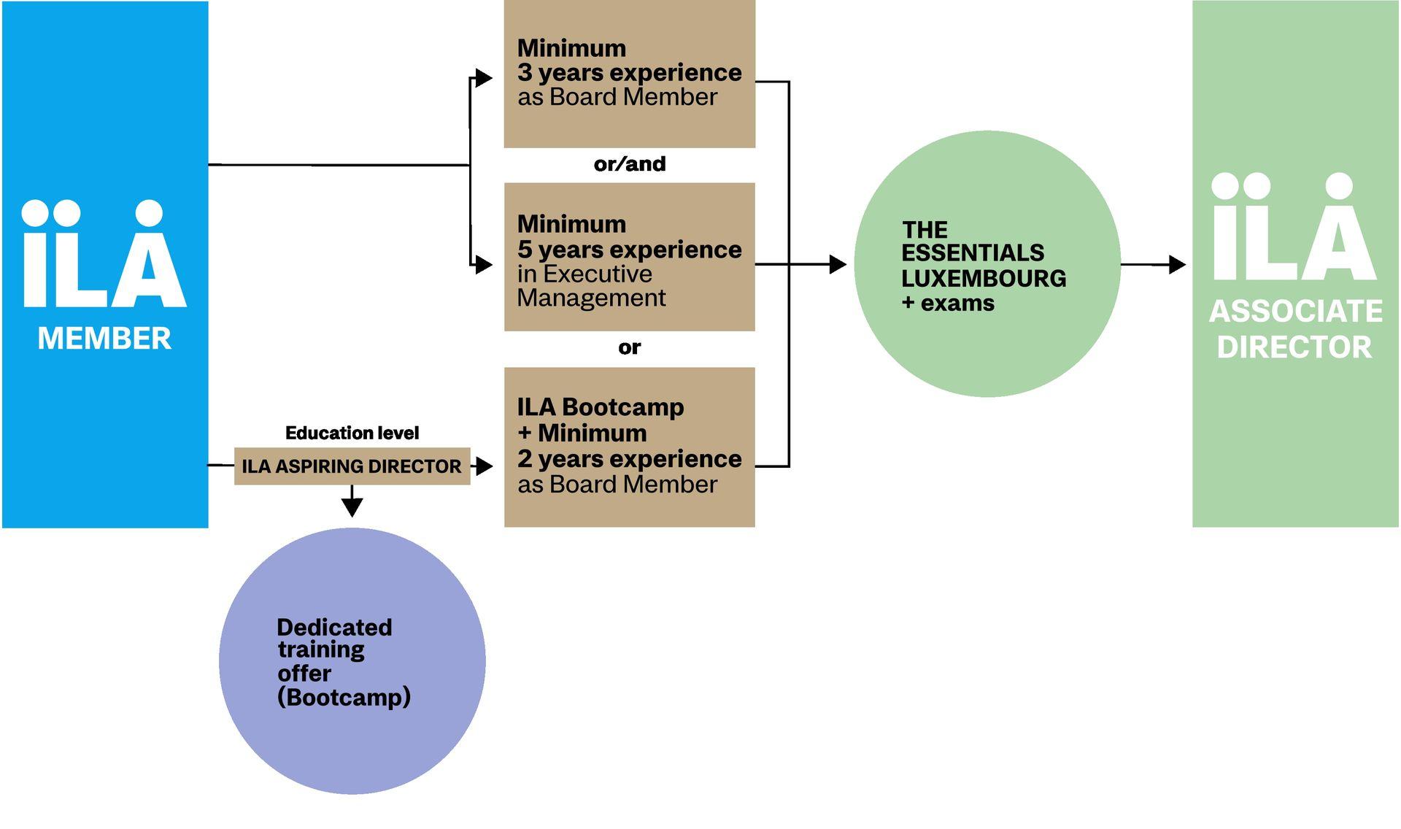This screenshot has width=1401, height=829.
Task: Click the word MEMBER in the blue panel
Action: (x=104, y=339)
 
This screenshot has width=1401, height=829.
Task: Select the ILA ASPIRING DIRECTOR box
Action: (x=352, y=466)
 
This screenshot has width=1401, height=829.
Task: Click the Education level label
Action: (x=352, y=433)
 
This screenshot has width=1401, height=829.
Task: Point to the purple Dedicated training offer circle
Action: (x=352, y=660)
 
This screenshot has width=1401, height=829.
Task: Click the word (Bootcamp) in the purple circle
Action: (x=344, y=697)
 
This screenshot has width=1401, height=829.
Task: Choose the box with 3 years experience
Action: (x=629, y=74)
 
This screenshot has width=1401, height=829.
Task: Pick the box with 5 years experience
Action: (x=629, y=257)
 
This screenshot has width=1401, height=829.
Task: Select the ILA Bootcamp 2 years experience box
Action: (x=629, y=447)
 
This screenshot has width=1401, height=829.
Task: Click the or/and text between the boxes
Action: (x=630, y=163)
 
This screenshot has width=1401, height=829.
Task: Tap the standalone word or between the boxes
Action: (x=629, y=347)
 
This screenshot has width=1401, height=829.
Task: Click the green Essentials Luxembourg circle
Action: (x=987, y=264)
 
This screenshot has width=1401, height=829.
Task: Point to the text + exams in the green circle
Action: (x=948, y=303)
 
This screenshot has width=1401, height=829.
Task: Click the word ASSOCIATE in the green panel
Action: (x=1295, y=312)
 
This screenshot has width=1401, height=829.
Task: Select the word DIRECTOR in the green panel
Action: (x=1294, y=347)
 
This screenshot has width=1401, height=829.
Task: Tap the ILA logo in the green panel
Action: (x=1294, y=227)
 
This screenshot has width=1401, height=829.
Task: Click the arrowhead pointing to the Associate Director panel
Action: (x=1177, y=264)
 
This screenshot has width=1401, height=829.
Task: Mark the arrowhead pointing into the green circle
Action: (x=838, y=264)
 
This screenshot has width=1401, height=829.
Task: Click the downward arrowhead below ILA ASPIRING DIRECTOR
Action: (x=352, y=506)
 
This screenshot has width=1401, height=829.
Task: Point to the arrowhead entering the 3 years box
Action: (x=484, y=78)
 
